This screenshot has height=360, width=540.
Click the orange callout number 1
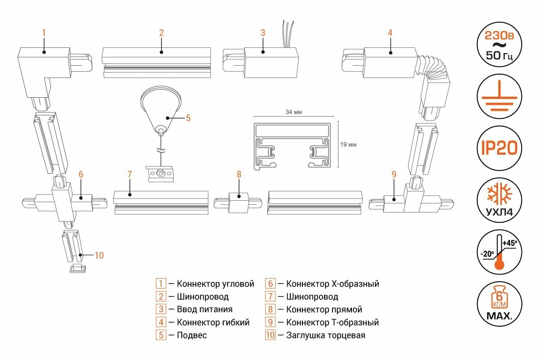(x=44, y=32)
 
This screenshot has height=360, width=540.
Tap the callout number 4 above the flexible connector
(x=390, y=32)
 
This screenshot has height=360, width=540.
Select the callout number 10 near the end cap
(x=99, y=255)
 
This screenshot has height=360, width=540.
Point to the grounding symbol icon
(x=499, y=96)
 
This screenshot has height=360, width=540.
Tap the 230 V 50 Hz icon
(x=499, y=45)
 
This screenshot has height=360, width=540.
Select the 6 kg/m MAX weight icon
(x=499, y=303)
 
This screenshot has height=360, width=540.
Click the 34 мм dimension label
(x=293, y=112)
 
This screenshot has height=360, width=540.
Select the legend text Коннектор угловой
(x=216, y=284)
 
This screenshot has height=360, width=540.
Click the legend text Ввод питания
(x=205, y=310)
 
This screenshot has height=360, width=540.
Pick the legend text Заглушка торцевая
(x=325, y=335)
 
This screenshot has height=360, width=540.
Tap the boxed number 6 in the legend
(x=270, y=284)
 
